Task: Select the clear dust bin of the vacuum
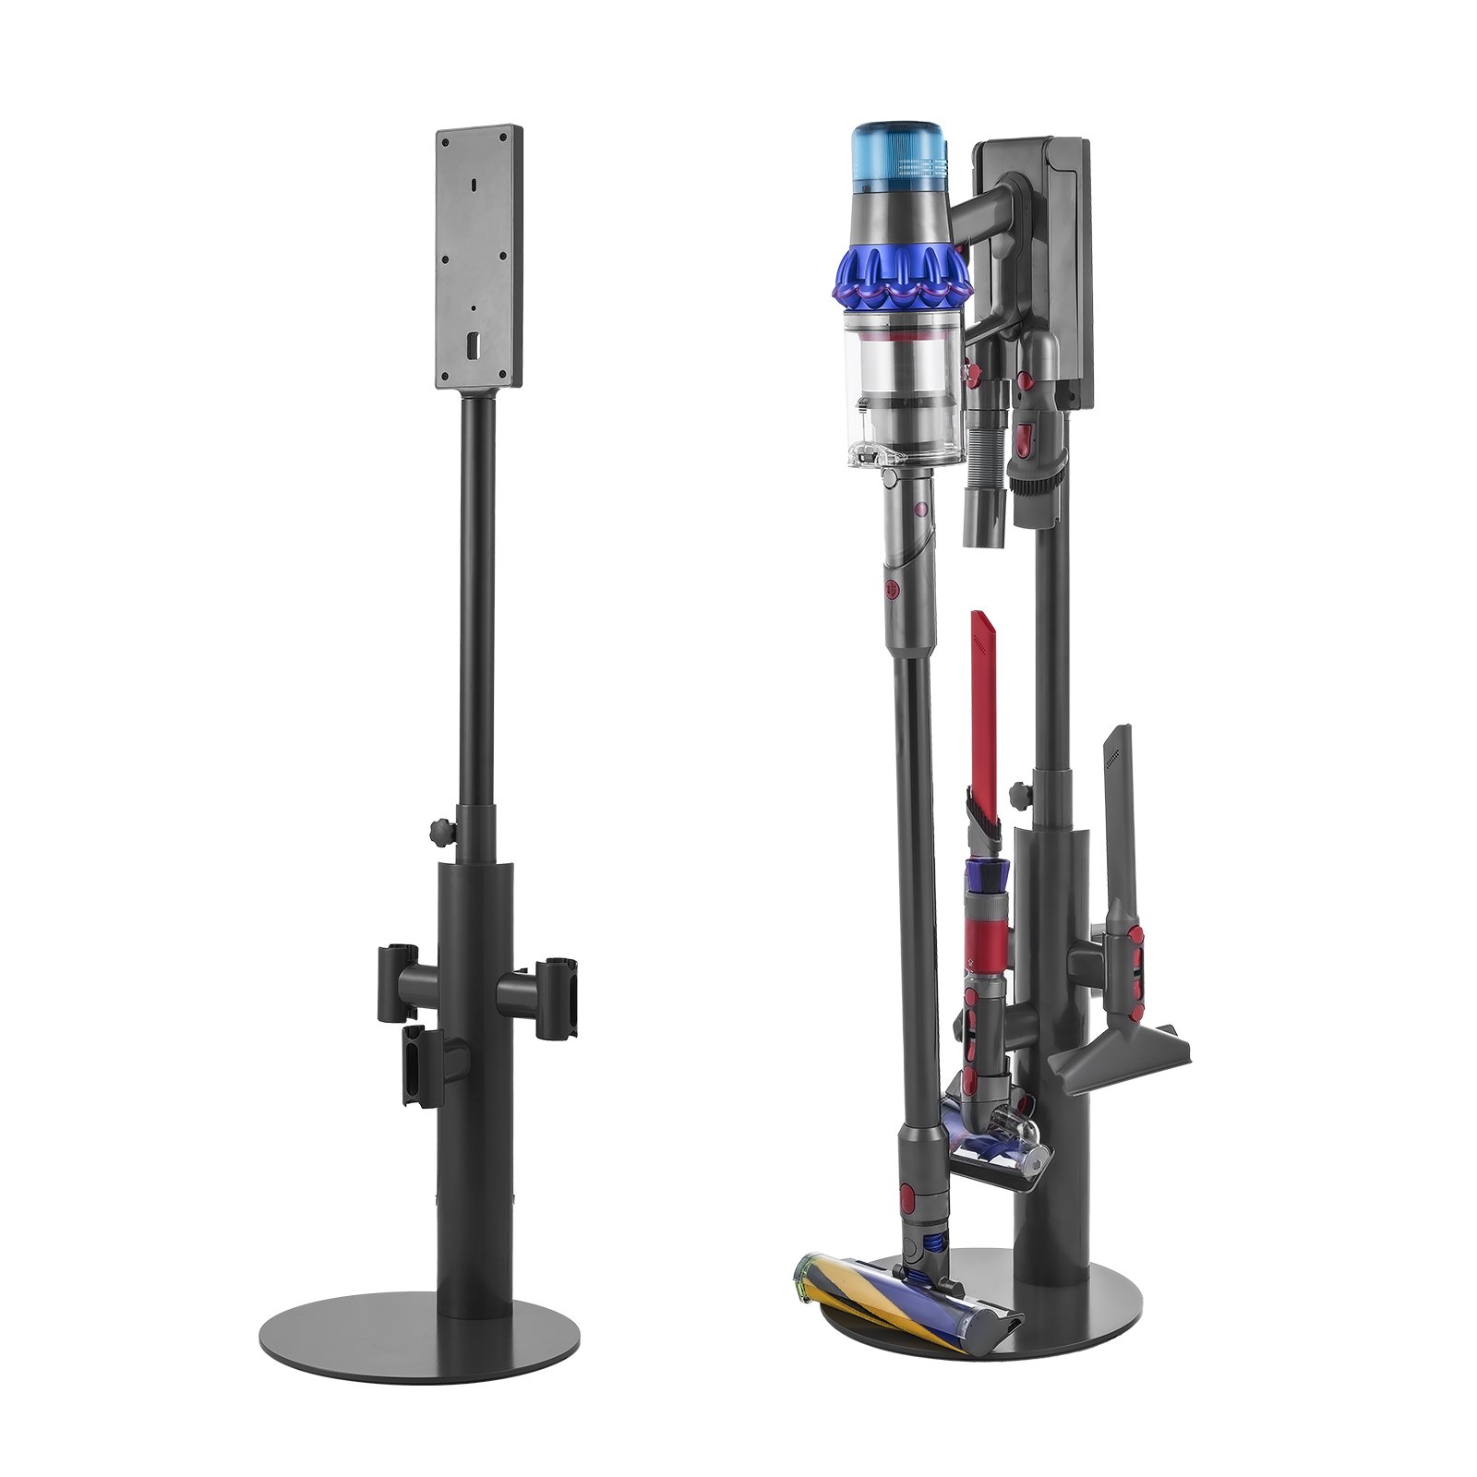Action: point(903,388)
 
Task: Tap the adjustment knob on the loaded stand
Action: point(1020,792)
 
